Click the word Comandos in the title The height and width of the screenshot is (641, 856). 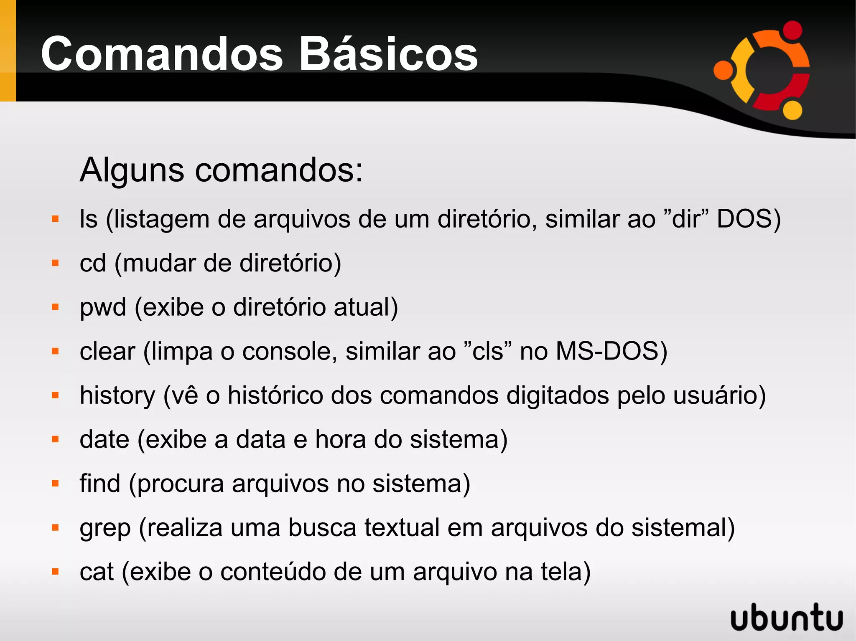pyautogui.click(x=162, y=54)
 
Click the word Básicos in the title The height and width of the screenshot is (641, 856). pyautogui.click(x=389, y=54)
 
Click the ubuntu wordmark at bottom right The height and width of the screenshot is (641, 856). pyautogui.click(x=787, y=617)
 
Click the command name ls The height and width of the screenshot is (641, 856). pyautogui.click(x=89, y=219)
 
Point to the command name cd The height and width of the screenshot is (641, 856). pyautogui.click(x=93, y=263)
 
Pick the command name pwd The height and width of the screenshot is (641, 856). pyautogui.click(x=103, y=308)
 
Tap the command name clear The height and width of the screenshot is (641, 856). pyautogui.click(x=107, y=351)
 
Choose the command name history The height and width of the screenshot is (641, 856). pyautogui.click(x=117, y=396)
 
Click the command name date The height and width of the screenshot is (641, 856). pyautogui.click(x=104, y=439)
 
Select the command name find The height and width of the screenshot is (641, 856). pyautogui.click(x=100, y=484)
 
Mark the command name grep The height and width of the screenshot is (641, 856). pyautogui.click(x=105, y=528)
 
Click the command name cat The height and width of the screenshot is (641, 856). pyautogui.click(x=97, y=572)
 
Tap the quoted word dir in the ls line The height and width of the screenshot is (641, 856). pyautogui.click(x=685, y=219)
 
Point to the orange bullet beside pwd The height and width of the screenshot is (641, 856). pyautogui.click(x=55, y=307)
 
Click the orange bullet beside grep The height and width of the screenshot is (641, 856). pyautogui.click(x=55, y=527)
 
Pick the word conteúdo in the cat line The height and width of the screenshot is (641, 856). pyautogui.click(x=273, y=572)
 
